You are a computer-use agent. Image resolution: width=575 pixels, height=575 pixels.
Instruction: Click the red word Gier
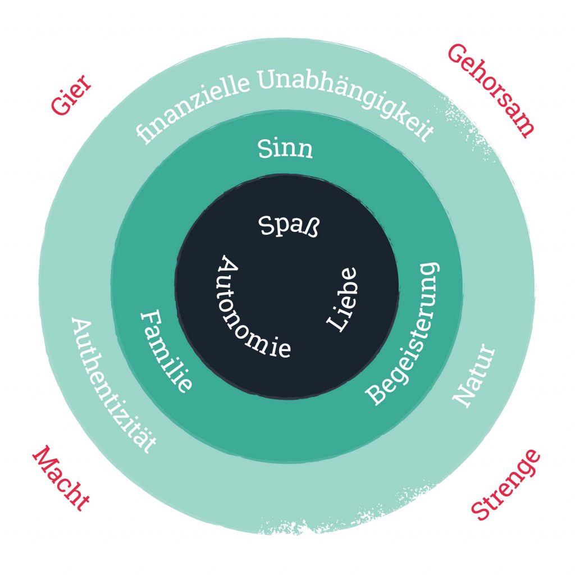(71, 97)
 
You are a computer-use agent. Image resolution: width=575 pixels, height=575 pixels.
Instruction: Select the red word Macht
(61, 478)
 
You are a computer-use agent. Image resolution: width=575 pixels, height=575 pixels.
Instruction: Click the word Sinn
(285, 149)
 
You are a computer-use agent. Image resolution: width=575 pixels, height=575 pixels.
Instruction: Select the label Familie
(165, 350)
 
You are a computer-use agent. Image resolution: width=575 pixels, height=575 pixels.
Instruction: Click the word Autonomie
(249, 312)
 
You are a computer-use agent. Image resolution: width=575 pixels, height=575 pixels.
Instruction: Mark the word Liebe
(342, 298)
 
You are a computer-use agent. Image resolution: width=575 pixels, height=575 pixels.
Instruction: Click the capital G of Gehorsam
(457, 55)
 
